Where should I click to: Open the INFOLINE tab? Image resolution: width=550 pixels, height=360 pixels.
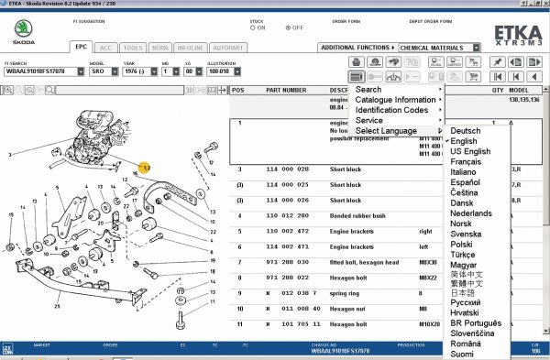pyautogui.click(x=216, y=47)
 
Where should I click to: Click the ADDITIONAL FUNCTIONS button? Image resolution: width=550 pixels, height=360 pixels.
pyautogui.click(x=357, y=47)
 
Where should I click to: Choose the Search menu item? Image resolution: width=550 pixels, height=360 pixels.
pyautogui.click(x=368, y=90)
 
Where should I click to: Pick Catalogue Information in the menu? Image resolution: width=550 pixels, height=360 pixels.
pyautogui.click(x=395, y=100)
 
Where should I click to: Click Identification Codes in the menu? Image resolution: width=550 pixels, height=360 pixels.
pyautogui.click(x=391, y=110)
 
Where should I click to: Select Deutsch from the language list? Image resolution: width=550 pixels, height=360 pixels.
pyautogui.click(x=465, y=131)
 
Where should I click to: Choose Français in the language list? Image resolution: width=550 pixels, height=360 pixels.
pyautogui.click(x=467, y=161)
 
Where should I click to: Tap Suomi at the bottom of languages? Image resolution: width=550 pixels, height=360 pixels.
pyautogui.click(x=463, y=354)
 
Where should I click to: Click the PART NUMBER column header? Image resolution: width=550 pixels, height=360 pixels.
pyautogui.click(x=286, y=91)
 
